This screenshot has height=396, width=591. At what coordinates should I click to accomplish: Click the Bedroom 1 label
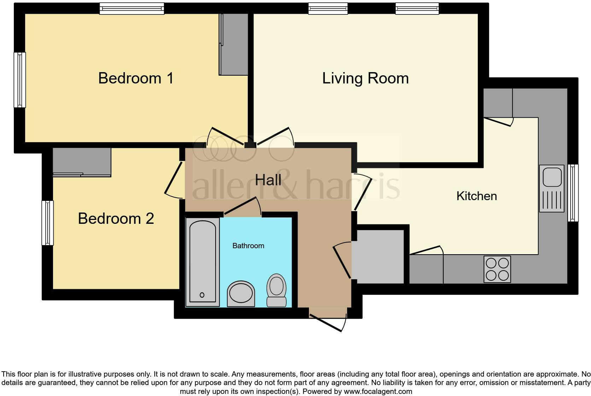tap(136, 78)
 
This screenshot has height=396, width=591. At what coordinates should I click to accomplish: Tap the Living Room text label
tap(365, 78)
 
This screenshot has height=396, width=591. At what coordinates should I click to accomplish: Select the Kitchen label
tap(476, 196)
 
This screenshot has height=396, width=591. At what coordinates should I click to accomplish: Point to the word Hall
tap(268, 180)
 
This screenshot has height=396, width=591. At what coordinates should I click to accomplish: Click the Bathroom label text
tap(248, 246)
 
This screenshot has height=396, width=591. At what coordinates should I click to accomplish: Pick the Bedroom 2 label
tap(116, 219)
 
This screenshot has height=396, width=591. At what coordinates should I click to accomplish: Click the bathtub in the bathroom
tap(203, 262)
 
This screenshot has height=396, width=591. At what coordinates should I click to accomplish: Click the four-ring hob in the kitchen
tap(497, 269)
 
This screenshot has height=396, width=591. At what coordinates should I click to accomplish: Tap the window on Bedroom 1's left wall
tap(20, 80)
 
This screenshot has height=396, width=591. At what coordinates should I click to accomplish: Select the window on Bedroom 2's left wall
tap(47, 223)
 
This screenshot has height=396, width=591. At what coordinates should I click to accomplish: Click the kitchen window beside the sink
tap(573, 193)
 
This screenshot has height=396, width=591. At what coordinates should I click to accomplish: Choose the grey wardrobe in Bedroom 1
tap(233, 44)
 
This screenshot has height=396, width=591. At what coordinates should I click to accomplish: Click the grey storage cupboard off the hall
tap(380, 256)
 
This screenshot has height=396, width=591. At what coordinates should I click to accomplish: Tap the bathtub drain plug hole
tap(202, 295)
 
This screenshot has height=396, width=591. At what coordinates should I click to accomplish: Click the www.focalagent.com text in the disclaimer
tap(378, 391)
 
